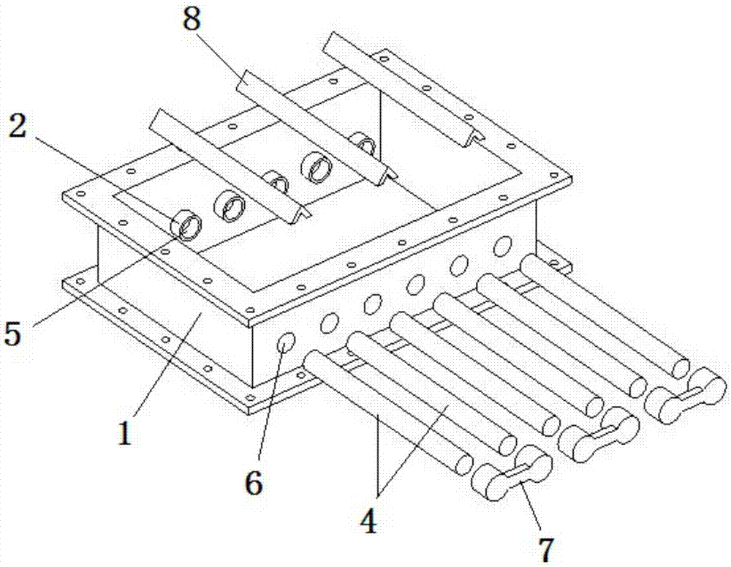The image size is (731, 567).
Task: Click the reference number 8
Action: [192, 20]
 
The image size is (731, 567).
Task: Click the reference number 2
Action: [18, 126]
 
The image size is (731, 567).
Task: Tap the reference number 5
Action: [13, 334]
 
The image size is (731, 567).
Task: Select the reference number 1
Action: [124, 432]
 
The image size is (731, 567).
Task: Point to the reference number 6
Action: [254, 482]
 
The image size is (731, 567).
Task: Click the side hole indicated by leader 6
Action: [287, 343]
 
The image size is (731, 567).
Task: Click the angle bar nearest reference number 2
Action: [230, 166]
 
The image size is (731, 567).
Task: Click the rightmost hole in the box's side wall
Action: [503, 246]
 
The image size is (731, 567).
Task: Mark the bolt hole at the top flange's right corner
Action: [554, 176]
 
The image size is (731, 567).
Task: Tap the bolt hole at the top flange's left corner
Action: [82, 194]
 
